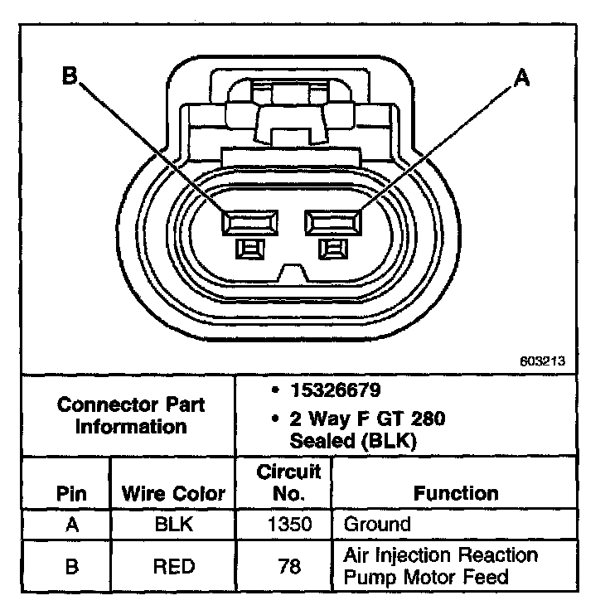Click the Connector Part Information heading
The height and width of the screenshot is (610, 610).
[131, 416]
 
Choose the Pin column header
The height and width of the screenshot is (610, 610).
[71, 494]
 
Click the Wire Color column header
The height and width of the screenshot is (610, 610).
[173, 494]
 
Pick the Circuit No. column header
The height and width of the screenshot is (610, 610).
[288, 483]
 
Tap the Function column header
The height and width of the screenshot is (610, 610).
[456, 494]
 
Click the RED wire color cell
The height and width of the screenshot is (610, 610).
[173, 566]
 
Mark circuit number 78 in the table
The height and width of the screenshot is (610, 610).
[288, 566]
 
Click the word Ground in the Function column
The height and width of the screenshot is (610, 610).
[376, 525]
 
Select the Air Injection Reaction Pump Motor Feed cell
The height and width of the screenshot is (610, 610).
[439, 566]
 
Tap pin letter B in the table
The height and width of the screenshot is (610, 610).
[71, 566]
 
